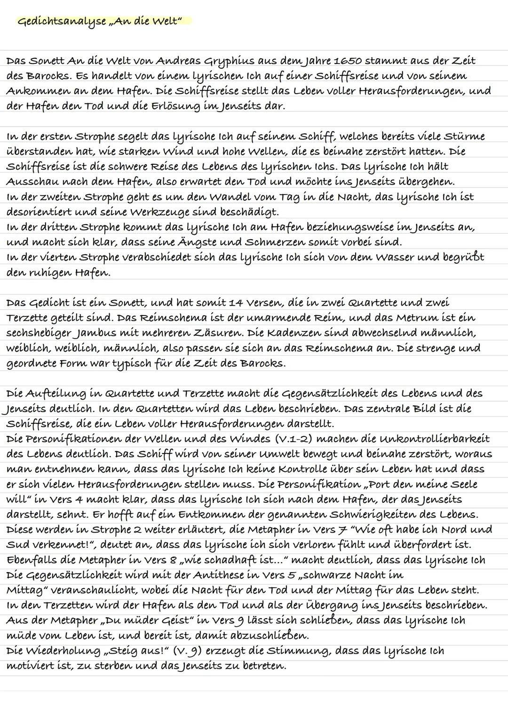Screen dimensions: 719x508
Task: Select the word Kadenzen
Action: point(299,333)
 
